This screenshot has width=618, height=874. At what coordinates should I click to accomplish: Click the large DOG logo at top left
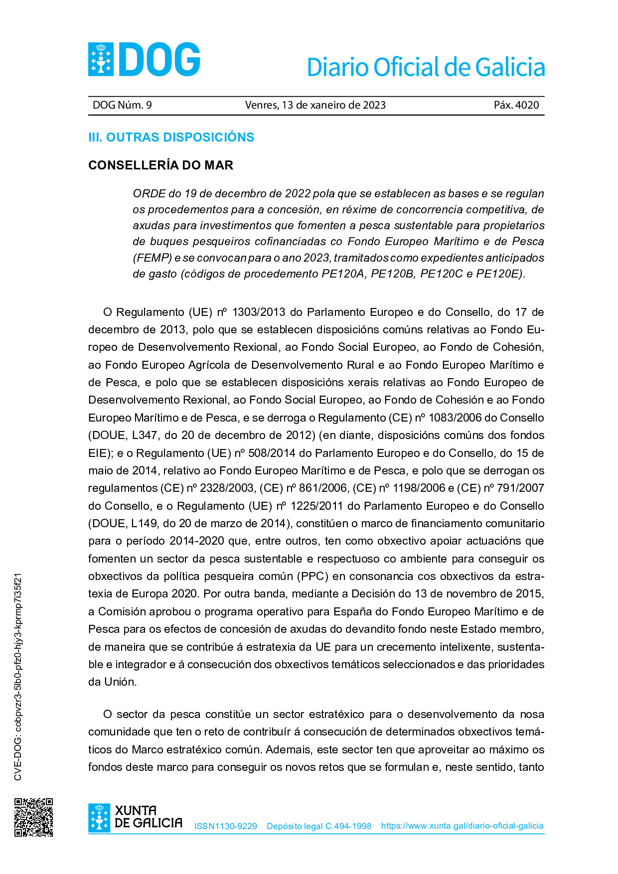pos(144,59)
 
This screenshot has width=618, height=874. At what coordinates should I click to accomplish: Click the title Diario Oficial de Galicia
pos(426,67)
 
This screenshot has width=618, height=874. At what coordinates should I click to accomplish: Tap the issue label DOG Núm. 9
pos(122,105)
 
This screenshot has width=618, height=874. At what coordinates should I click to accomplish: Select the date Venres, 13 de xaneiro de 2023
pos(315,105)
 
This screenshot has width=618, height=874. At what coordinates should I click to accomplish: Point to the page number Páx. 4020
pos(516,105)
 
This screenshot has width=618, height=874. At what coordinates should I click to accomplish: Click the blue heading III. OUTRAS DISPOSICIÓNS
pos(171,137)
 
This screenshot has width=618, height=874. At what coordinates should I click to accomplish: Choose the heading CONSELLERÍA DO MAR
pos(160,165)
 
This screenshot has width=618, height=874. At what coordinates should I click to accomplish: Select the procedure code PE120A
pos(343,274)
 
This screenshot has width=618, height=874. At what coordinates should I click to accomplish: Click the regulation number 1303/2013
pos(258,312)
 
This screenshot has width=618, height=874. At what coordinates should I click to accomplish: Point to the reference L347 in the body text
pos(145,436)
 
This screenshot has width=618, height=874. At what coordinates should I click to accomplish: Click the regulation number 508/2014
pos(272,453)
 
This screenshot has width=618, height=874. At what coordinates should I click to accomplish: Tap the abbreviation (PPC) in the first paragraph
pos(312,577)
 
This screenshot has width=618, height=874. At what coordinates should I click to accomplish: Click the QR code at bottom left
pos(33,817)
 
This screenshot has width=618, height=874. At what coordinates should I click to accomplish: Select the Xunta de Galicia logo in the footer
pos(135,817)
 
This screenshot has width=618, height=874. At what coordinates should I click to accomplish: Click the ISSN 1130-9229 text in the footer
pos(225,826)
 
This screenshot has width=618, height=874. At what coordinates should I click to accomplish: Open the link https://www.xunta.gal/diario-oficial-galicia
pos(462,826)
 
